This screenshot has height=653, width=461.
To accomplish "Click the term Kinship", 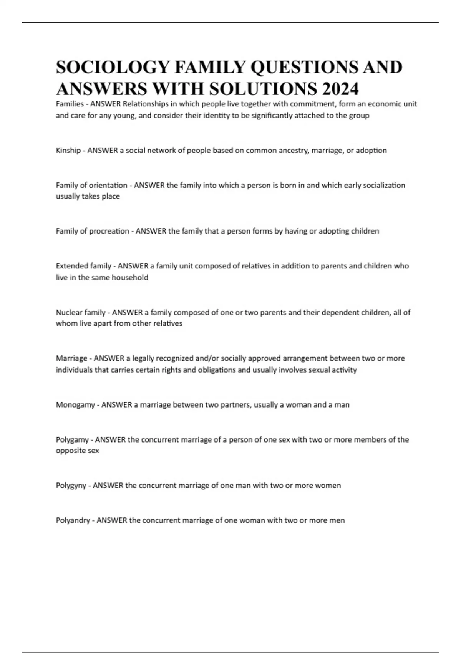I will tap(68, 151).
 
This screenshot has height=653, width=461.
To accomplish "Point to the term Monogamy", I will tap(75, 405).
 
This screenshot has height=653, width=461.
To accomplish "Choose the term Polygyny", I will tap(71, 486).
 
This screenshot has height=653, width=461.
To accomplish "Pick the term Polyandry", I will tap(73, 520).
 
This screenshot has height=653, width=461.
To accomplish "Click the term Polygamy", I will tap(72, 439).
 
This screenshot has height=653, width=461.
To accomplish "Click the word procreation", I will tap(109, 231).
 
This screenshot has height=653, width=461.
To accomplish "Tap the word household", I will tap(130, 277).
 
